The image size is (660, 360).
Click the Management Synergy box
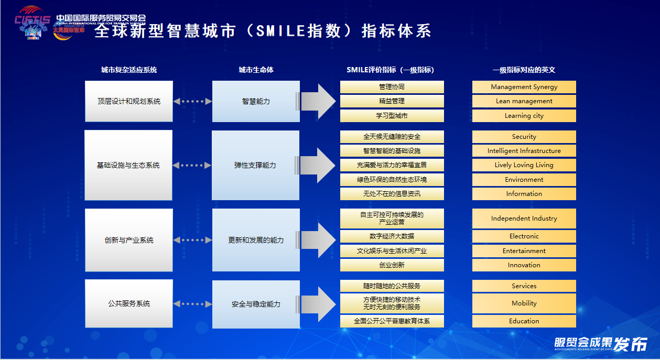coord(524,87)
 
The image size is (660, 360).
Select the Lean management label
coord(524,101)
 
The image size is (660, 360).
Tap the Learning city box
coord(524,116)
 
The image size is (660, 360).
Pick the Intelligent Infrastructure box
coord(524,151)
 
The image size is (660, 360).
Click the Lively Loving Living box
coord(524,165)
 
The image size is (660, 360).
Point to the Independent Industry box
coord(524,219)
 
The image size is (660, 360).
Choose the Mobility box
coord(524,303)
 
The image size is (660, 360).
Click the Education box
coord(524,321)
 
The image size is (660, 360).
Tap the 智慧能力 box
coord(256,101)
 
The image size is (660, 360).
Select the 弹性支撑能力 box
coord(255,165)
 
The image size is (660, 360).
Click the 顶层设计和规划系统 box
coord(129,101)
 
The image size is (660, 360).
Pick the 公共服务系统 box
coord(129,303)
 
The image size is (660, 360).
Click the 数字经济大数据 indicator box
coord(392,236)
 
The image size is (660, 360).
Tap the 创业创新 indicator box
coord(392,265)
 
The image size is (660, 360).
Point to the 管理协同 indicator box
coord(392,87)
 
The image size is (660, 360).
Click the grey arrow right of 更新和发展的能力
coord(318,240)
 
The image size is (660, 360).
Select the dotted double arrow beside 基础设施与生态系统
coord(192,165)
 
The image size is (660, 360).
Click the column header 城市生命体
coord(256,70)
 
